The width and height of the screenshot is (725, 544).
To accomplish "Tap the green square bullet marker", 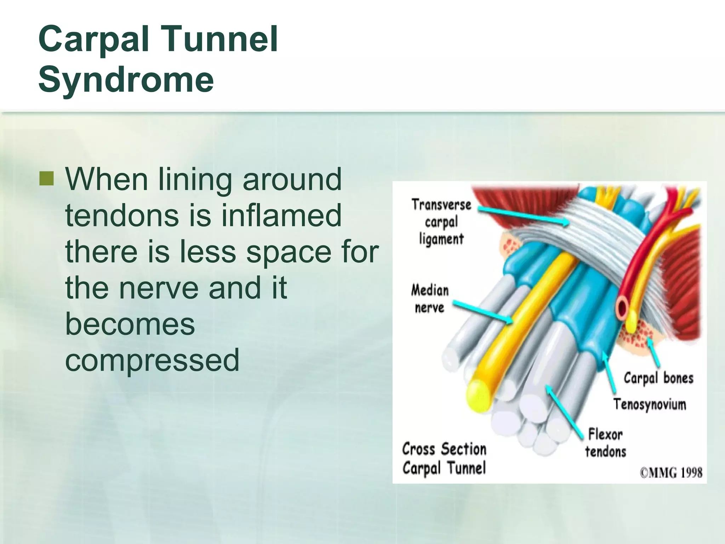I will point(46,178).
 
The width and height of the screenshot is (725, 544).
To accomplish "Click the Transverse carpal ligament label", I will point(441,222).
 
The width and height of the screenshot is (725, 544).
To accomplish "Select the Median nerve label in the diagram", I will point(429,299).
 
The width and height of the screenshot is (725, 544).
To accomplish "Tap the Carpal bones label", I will point(658,378).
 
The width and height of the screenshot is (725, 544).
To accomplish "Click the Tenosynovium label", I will point(650,404).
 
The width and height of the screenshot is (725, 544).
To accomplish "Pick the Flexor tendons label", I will point(605,443).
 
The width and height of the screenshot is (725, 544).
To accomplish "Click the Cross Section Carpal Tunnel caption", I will point(444,459).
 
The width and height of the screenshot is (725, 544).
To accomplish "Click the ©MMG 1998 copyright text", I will point(671,472).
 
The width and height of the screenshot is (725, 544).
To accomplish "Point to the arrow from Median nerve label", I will point(483,312).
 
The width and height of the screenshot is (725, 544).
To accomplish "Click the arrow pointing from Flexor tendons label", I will point(564,413).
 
